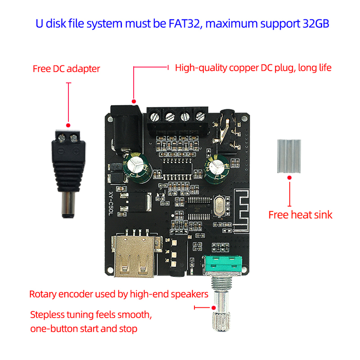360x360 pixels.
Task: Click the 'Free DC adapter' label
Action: tap(66, 69)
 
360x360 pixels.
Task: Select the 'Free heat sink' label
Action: tap(300, 215)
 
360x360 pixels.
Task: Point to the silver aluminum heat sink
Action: tap(288, 156)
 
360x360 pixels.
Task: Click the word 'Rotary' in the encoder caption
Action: tap(43, 294)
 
